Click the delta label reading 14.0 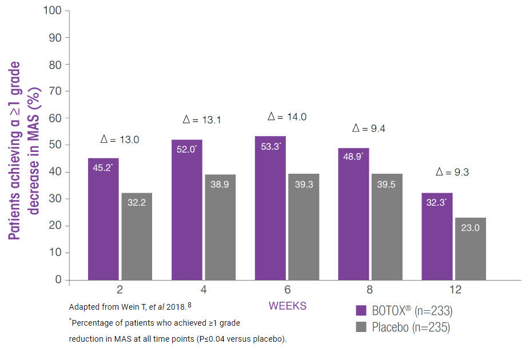[287, 117]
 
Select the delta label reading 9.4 [369, 129]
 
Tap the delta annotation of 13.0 [120, 139]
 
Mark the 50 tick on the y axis [55, 145]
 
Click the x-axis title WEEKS [287, 306]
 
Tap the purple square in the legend [361, 310]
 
